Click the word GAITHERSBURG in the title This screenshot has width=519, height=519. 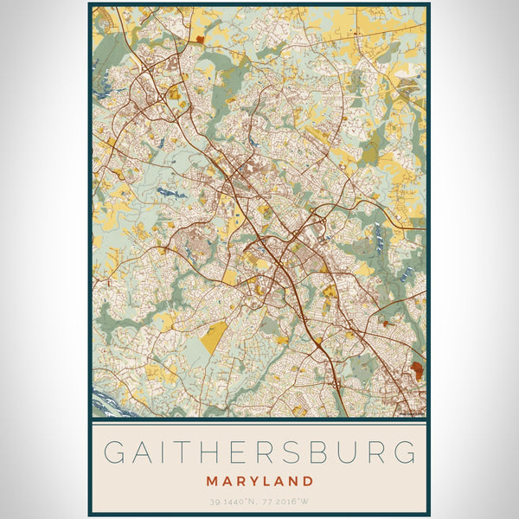(259, 452)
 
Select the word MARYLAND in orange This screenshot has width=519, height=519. (259, 480)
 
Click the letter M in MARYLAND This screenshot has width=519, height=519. (212, 480)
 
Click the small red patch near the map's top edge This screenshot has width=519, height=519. (201, 38)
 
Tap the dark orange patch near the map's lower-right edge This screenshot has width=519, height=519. (417, 372)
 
